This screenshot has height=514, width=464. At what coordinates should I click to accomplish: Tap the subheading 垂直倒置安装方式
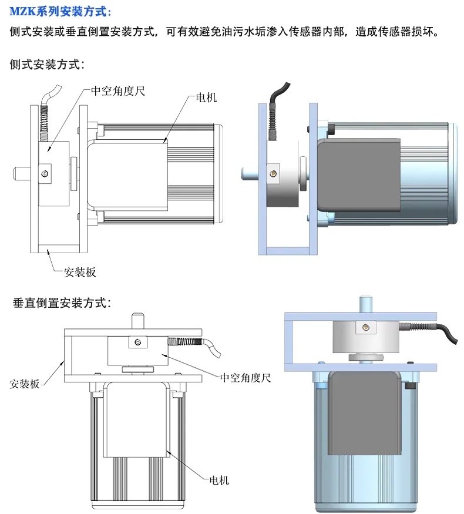pyautogui.click(x=62, y=303)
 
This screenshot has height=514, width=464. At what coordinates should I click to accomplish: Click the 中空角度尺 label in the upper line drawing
pyautogui.click(x=117, y=91)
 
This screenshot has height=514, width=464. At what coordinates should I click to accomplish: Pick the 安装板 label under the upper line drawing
pyautogui.click(x=80, y=272)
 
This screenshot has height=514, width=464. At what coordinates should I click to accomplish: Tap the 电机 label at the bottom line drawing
pyautogui.click(x=219, y=480)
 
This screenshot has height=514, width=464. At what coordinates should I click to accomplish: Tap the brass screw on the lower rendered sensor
pyautogui.click(x=365, y=327)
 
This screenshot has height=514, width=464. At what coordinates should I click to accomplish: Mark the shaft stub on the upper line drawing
pyautogui.click(x=22, y=173)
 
